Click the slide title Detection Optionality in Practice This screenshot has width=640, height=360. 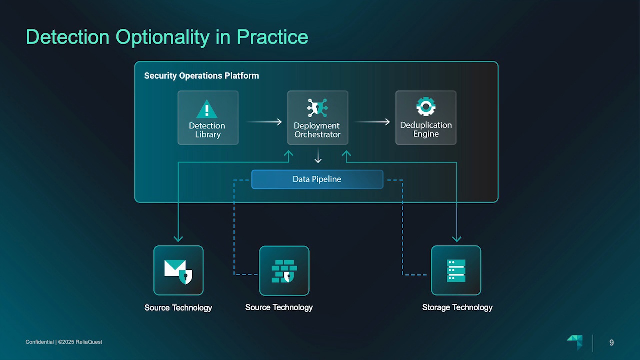tap(167, 37)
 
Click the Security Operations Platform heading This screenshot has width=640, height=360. tap(201, 76)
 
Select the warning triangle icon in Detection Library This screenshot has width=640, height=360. tap(207, 109)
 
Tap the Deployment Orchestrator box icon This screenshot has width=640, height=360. tap(317, 108)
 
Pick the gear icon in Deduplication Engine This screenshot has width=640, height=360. tap(426, 106)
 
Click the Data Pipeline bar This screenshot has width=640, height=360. tap(317, 179)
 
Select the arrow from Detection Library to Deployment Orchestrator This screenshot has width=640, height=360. tap(263, 122)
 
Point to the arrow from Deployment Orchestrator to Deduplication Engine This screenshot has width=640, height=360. tap(372, 122)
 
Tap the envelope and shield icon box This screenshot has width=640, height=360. tap(178, 270)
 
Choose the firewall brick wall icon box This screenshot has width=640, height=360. tap(284, 270)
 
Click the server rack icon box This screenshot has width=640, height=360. tap(456, 270)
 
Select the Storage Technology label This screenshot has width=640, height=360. tap(457, 307)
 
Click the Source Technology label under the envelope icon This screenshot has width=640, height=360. tap(178, 308)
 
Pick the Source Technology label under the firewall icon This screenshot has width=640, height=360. tap(279, 307)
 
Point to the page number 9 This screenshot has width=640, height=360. tap(611, 342)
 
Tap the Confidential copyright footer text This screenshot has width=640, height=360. tap(64, 342)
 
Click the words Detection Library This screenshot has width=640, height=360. tap(207, 130)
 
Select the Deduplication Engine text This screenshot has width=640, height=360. tap(426, 129)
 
